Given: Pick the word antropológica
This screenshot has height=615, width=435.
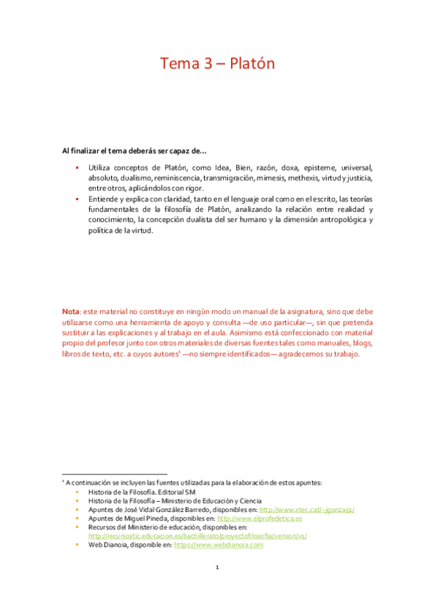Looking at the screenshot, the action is (333, 220).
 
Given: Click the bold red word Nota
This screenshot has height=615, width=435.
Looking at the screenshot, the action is (70, 310).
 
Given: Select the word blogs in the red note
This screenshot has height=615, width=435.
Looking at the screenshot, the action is (361, 343).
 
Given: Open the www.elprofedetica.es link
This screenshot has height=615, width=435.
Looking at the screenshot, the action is (259, 519).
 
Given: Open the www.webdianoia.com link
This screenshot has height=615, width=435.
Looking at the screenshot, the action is (228, 545).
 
